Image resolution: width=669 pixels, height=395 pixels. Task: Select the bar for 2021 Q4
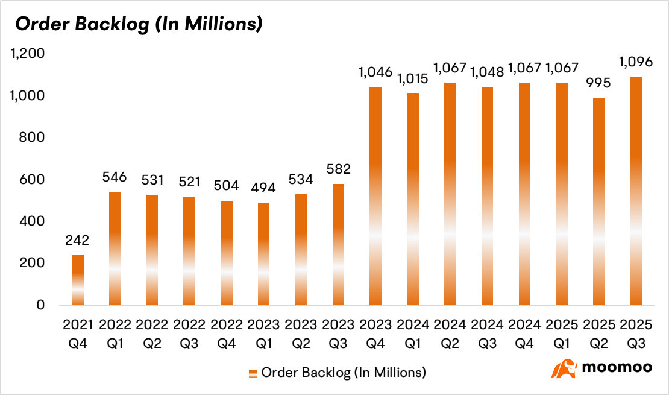click(78, 280)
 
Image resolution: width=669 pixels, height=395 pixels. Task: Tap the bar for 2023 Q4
click(375, 196)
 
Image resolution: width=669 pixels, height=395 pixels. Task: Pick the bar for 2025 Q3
click(636, 191)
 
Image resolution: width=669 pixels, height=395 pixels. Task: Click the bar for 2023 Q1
click(263, 253)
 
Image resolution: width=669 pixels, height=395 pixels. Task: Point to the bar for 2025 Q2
click(598, 201)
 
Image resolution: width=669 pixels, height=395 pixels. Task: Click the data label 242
click(78, 241)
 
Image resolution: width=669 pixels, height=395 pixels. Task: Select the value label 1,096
click(636, 62)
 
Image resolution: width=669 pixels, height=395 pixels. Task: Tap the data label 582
click(338, 169)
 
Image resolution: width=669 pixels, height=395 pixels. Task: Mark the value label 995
click(598, 83)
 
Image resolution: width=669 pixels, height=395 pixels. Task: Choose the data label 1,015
click(412, 79)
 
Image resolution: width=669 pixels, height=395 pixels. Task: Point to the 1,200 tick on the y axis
click(28, 54)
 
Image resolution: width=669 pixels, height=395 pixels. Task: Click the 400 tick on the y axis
click(33, 221)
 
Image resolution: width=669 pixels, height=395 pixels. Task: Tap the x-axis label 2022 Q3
click(189, 333)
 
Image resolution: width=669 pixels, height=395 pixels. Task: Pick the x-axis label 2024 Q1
click(412, 333)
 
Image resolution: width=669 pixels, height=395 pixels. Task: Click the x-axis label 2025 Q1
click(561, 333)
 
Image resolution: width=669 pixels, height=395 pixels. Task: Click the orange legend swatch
click(253, 373)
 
